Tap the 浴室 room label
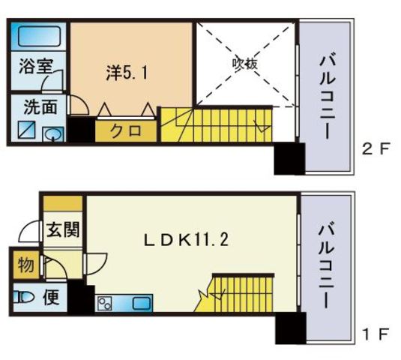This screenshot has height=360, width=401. tap(35, 65)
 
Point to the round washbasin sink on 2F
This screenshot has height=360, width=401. tap(53, 134)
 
